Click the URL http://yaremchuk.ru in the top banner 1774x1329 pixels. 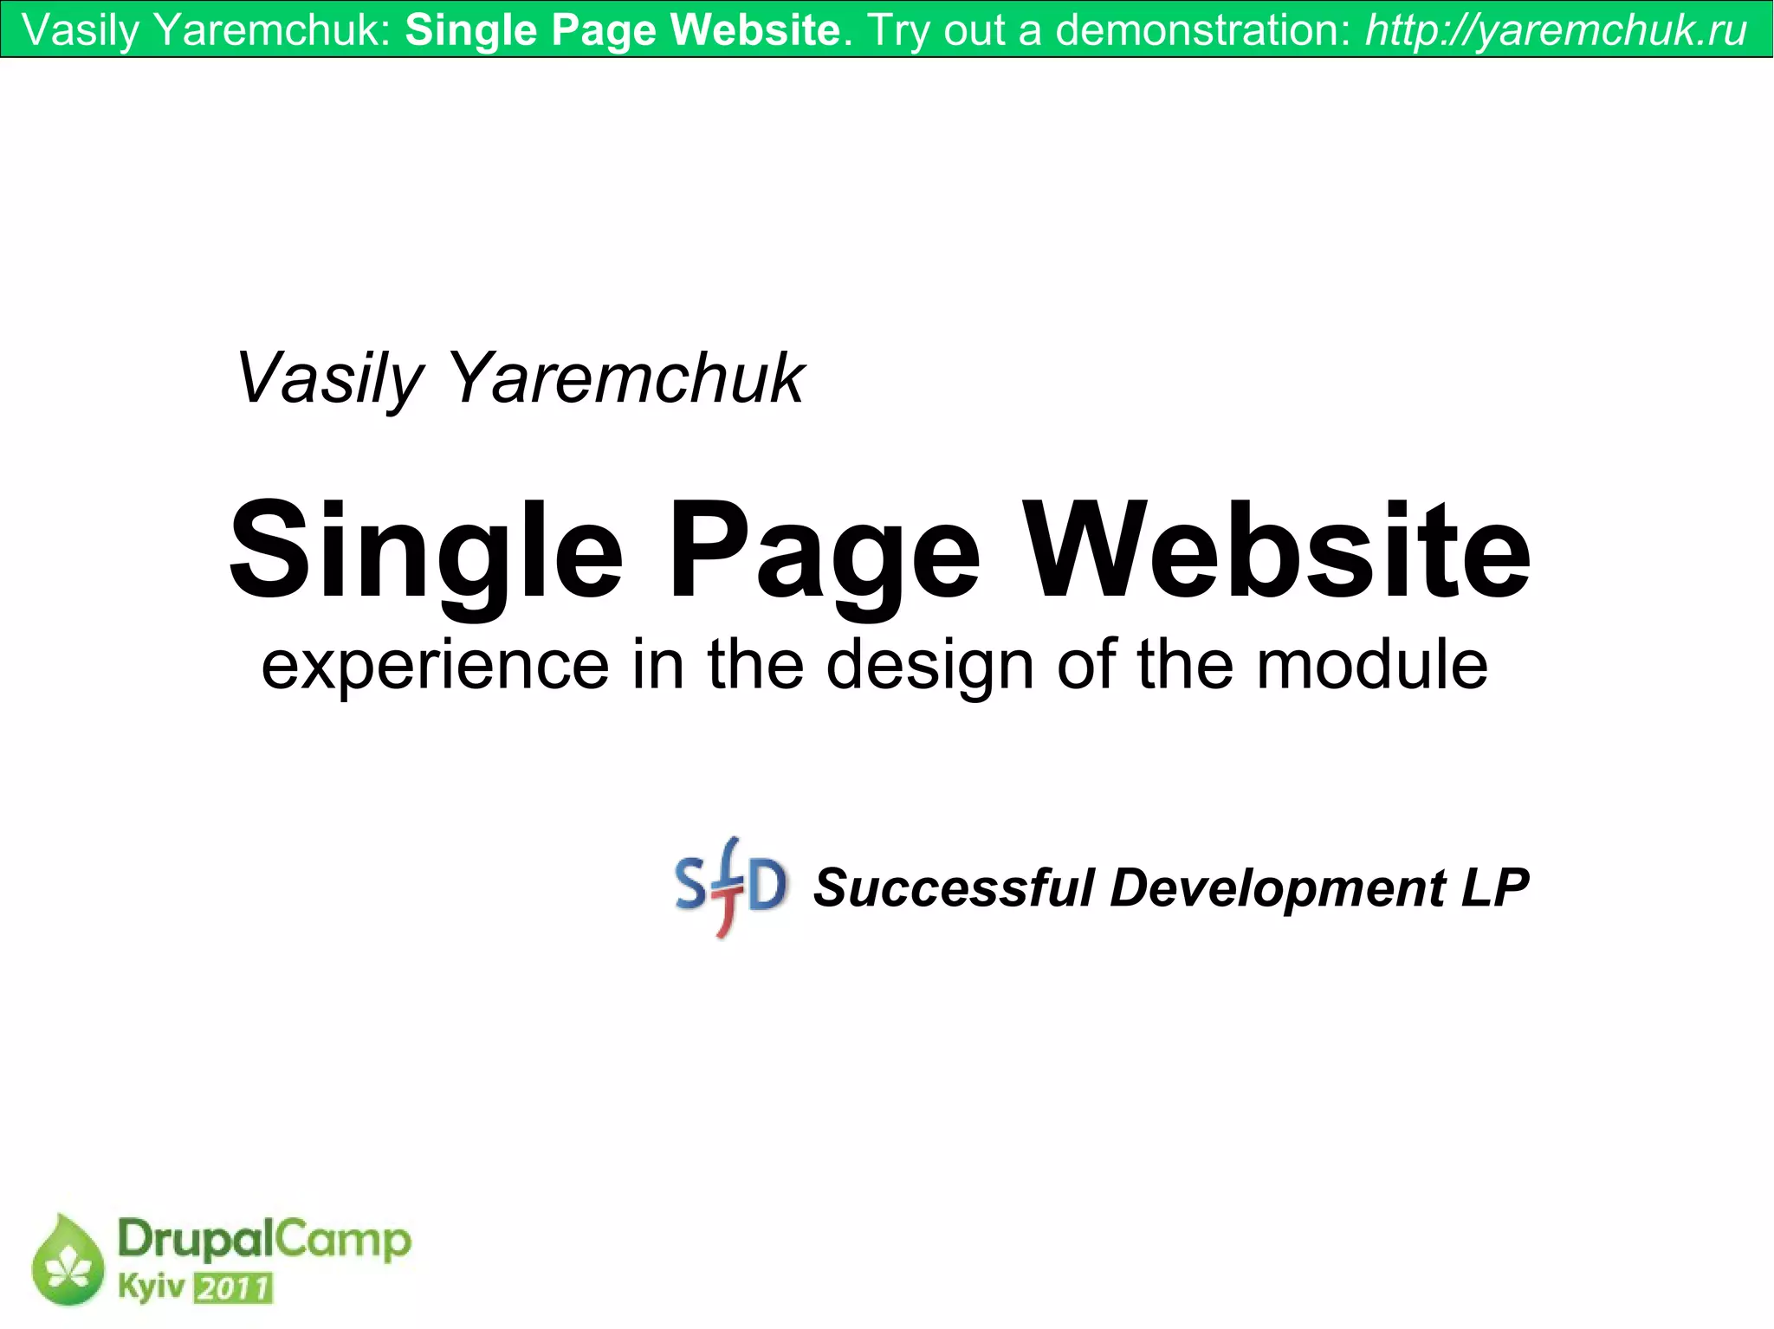1556,30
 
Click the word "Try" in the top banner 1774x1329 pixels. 901,30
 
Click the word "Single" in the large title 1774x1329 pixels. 425,552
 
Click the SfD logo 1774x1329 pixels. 730,887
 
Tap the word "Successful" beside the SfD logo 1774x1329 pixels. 954,888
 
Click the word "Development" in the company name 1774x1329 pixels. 1278,888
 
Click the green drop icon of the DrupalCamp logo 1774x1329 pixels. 67,1261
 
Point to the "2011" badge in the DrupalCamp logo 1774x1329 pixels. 233,1288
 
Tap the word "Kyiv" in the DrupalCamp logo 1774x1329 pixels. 151,1287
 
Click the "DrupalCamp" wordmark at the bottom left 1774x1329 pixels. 263,1240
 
